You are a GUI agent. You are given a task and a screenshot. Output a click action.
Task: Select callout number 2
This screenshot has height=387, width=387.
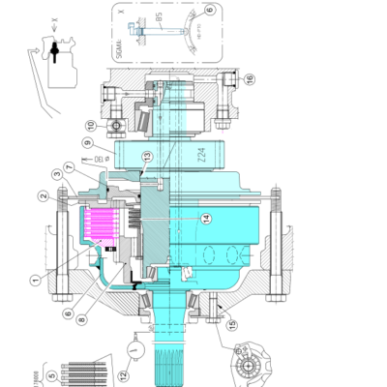click(44, 196)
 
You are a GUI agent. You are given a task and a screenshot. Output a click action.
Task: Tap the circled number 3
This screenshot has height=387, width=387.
click(58, 176)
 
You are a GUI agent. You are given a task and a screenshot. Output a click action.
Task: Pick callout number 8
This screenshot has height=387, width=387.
click(67, 312)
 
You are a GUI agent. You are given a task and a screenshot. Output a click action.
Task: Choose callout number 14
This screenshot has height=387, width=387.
click(206, 219)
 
